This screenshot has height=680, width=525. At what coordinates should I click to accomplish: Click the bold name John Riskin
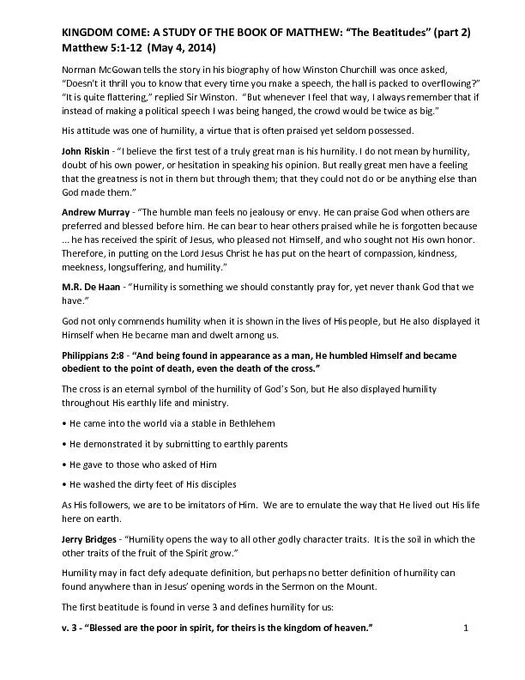(x=89, y=150)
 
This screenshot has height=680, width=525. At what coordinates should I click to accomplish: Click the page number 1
(x=464, y=629)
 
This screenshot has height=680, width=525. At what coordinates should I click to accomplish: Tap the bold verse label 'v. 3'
(x=72, y=629)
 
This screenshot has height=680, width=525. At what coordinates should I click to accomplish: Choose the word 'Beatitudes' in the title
(x=389, y=32)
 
